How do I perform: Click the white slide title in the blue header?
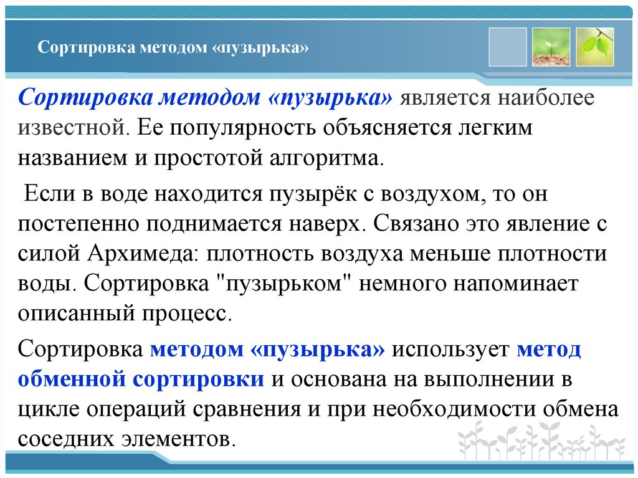pos(174,48)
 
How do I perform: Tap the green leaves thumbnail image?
pos(595,47)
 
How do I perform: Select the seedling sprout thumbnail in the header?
pos(551,47)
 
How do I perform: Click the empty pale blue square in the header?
pos(508,47)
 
